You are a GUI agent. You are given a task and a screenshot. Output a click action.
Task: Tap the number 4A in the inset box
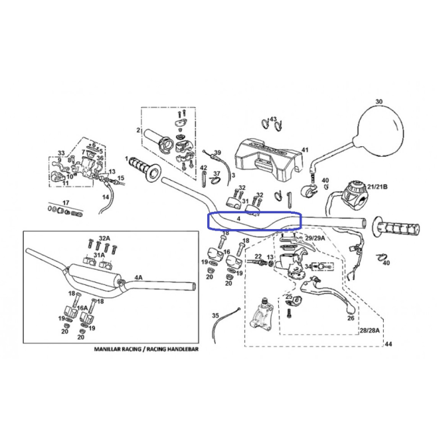(139, 278)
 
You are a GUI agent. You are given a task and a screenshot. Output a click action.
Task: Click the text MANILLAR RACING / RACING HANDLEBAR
(146, 349)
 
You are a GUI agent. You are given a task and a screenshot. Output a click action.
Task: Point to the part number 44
(389, 344)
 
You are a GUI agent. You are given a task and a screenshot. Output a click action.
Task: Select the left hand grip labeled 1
(145, 169)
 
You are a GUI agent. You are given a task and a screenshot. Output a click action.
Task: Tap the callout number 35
(215, 315)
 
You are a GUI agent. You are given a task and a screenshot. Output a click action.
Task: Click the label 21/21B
(377, 187)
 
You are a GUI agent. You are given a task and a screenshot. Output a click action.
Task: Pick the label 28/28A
(369, 331)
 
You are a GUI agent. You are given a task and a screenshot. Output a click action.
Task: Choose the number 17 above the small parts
(66, 203)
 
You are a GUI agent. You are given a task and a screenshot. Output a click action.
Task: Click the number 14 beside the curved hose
(106, 197)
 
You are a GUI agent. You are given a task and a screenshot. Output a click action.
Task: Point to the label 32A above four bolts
(104, 238)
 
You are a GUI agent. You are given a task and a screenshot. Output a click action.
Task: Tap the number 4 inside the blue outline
(238, 218)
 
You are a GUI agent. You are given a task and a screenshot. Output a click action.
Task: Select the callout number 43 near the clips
(273, 120)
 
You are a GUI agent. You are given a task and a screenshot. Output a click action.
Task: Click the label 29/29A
(315, 238)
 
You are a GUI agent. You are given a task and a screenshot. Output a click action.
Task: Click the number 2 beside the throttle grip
(138, 130)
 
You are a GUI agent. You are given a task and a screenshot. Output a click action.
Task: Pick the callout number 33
(61, 153)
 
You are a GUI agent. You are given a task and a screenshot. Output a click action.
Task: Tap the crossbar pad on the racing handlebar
(95, 274)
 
